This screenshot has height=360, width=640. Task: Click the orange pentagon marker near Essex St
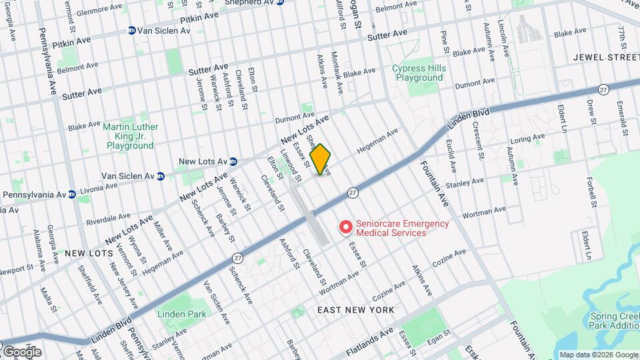pyautogui.click(x=320, y=159)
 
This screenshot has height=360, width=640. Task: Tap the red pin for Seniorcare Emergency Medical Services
pyautogui.click(x=345, y=228)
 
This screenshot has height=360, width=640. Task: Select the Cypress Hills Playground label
pyautogui.click(x=418, y=73)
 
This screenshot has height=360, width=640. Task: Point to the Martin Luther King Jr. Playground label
pyautogui.click(x=130, y=135)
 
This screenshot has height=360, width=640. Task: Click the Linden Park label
pyautogui.click(x=182, y=313)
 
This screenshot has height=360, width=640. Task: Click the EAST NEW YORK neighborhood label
pyautogui.click(x=355, y=310)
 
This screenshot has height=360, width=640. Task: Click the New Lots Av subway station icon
pyautogui.click(x=233, y=161)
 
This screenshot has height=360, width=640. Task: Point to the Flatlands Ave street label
pyautogui.click(x=368, y=337)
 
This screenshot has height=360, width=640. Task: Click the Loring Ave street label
pyautogui.click(x=527, y=140)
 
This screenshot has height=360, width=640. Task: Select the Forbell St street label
pyautogui.click(x=591, y=191)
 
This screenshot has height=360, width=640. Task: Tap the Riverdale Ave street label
pyautogui.click(x=108, y=217)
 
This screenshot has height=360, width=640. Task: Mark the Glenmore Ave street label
pyautogui.click(x=101, y=12)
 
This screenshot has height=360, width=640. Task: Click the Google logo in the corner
pyautogui.click(x=22, y=351)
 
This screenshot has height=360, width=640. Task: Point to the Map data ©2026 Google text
pyautogui.click(x=597, y=355)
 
